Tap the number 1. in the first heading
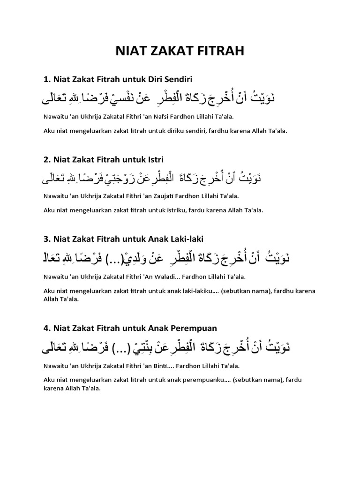(x=46, y=78)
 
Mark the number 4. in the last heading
(x=46, y=328)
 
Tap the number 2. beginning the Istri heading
(x=46, y=160)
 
